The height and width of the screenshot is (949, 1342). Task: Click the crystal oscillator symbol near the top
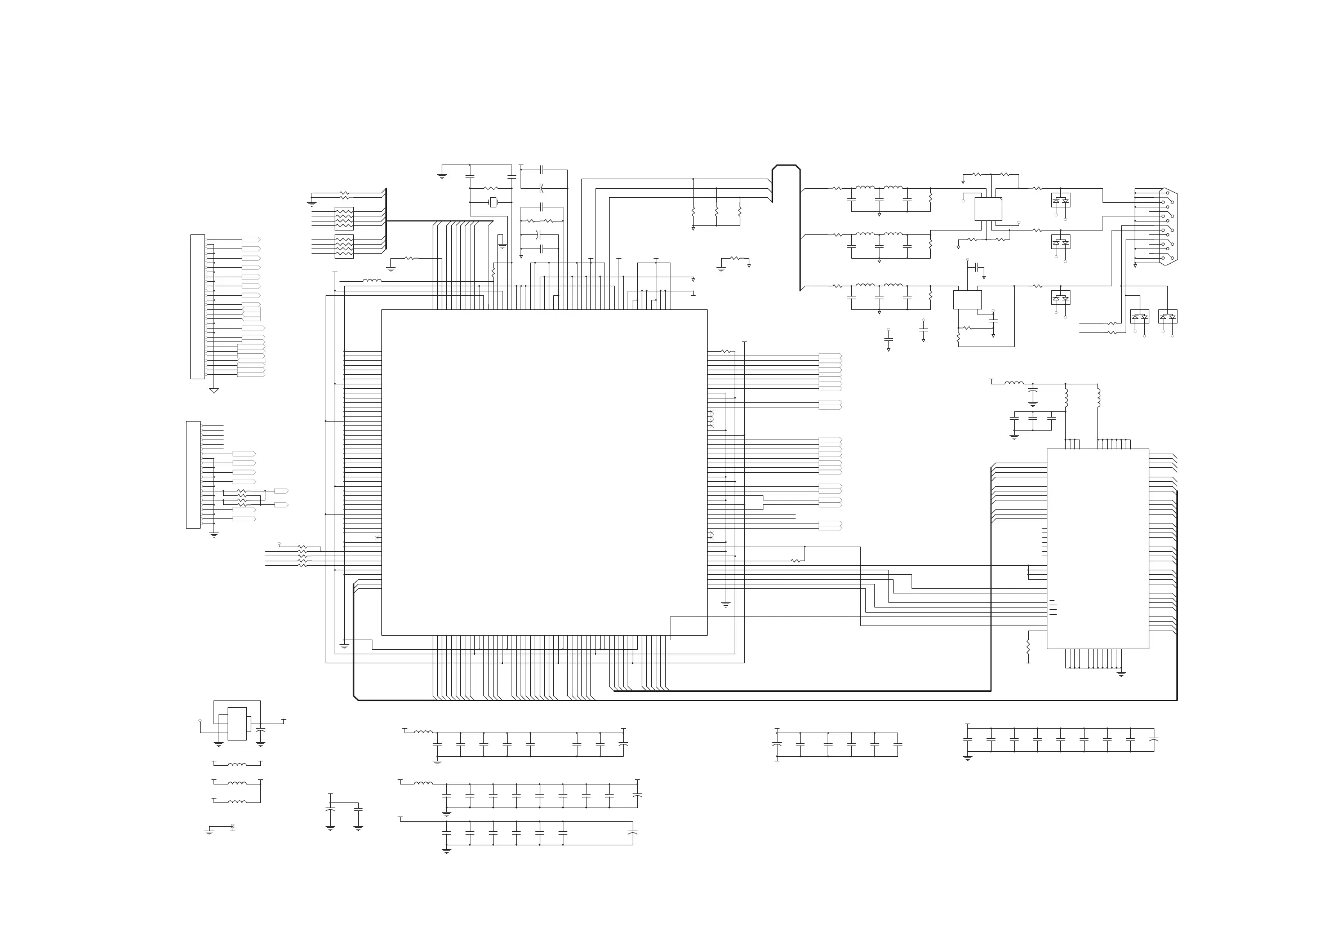click(493, 202)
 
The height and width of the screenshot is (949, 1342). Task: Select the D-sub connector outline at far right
click(1169, 227)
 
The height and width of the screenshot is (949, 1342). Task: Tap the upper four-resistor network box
click(344, 218)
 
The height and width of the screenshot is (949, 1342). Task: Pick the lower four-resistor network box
click(344, 246)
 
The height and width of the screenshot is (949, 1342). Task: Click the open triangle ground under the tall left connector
click(214, 391)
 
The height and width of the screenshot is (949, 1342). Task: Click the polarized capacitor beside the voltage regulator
click(261, 730)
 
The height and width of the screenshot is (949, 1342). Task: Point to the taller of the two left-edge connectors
click(198, 307)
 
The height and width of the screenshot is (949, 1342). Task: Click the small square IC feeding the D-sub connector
click(988, 209)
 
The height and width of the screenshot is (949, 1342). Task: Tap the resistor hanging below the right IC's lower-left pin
click(1028, 646)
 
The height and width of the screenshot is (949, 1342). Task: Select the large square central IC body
click(544, 472)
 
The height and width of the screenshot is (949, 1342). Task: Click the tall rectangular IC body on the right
click(1097, 548)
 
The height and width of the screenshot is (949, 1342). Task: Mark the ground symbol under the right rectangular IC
click(1121, 674)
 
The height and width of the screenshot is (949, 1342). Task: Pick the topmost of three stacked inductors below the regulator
click(237, 764)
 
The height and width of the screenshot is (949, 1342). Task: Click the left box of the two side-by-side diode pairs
click(1139, 316)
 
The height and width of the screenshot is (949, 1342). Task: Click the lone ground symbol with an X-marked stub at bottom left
click(209, 831)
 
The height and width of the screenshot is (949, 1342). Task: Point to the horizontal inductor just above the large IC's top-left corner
click(372, 281)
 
